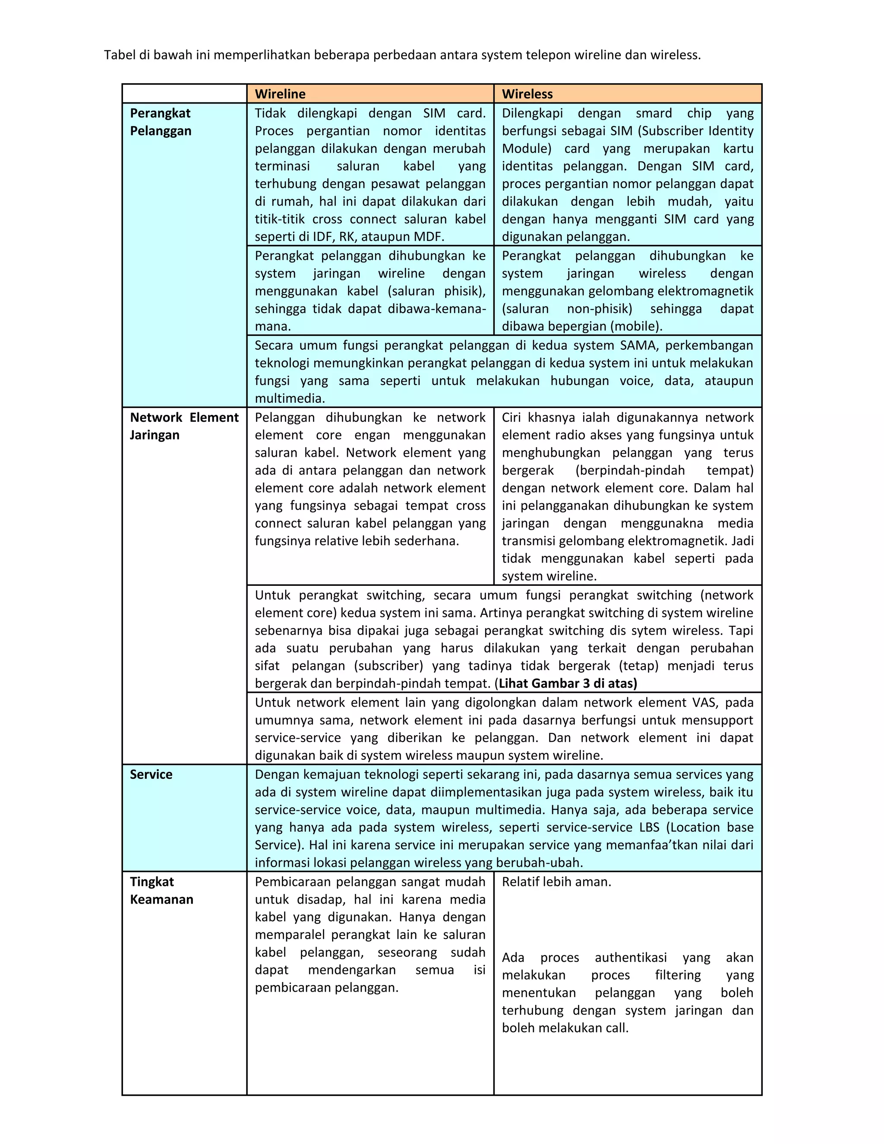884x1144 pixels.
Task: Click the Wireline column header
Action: point(280,94)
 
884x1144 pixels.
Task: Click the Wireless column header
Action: point(527,94)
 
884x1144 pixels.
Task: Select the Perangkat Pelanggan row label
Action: point(160,122)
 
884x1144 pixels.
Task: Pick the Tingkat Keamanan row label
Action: point(161,891)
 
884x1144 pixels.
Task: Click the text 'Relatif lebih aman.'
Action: point(556,882)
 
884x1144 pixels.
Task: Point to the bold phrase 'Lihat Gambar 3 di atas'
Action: point(567,683)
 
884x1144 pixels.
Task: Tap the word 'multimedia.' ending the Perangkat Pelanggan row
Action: point(290,398)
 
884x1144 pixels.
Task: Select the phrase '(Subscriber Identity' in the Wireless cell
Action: point(695,130)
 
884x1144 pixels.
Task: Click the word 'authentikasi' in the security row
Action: point(631,958)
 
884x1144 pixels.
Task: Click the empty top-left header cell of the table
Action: point(184,94)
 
